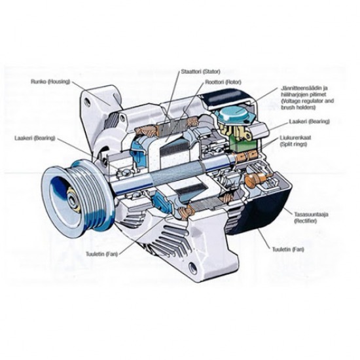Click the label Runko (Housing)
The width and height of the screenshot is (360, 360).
coord(50,82)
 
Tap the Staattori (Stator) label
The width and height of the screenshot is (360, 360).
coord(201,71)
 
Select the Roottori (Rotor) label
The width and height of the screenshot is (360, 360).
coord(223,82)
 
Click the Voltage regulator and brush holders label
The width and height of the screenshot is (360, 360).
coord(308,98)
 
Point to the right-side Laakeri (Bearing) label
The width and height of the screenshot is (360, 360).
coord(310,121)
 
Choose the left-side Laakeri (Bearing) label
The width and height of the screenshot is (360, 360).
coord(35,138)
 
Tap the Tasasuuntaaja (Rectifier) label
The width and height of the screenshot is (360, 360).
coord(311,218)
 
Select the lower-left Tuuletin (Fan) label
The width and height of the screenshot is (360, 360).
coord(101,254)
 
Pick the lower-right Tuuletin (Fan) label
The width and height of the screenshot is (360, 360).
coord(288,249)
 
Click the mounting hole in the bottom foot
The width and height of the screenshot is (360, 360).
coord(192,268)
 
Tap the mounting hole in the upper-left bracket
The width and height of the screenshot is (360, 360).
coord(87,101)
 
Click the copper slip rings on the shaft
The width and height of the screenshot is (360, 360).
coord(245,156)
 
